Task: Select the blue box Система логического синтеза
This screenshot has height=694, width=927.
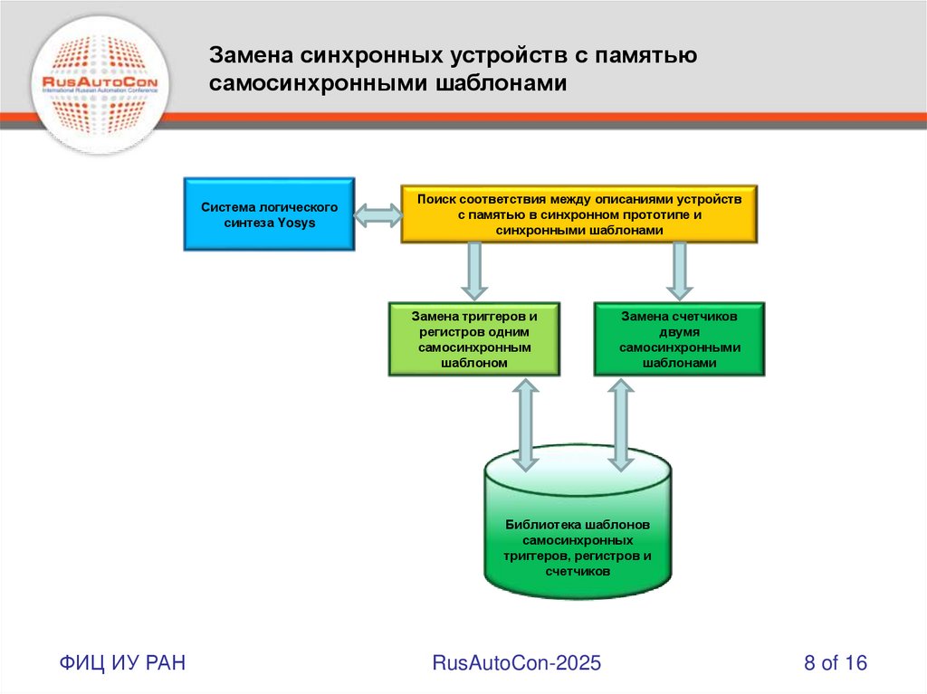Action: [x=269, y=214]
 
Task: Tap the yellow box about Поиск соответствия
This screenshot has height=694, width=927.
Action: [x=579, y=214]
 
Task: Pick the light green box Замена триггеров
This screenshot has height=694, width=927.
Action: [x=474, y=339]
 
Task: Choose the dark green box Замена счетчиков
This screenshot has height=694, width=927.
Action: [x=679, y=339]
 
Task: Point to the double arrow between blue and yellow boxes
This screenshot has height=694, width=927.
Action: [x=377, y=215]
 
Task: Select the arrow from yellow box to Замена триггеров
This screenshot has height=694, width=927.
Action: [x=474, y=271]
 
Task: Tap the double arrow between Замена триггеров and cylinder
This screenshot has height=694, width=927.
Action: [x=525, y=424]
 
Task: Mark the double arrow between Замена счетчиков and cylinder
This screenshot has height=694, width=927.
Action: [x=621, y=424]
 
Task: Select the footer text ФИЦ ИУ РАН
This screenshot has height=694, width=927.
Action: [x=123, y=663]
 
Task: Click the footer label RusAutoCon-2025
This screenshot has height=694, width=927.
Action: [x=517, y=663]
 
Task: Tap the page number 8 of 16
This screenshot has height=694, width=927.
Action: [x=836, y=663]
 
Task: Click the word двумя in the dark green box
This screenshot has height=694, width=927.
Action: [x=679, y=332]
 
